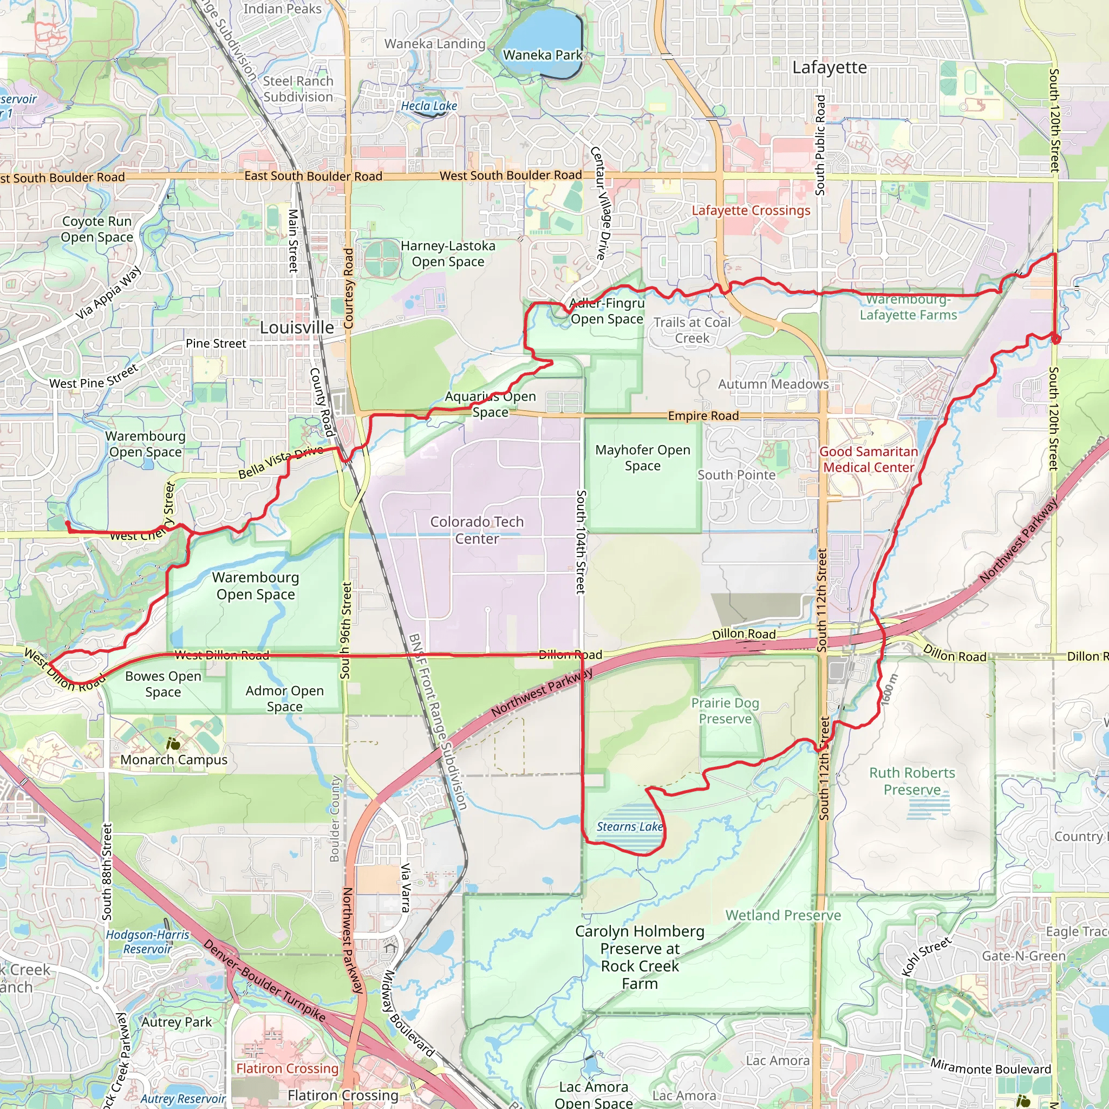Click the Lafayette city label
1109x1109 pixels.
pyautogui.click(x=829, y=68)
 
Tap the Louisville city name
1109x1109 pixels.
pyautogui.click(x=297, y=328)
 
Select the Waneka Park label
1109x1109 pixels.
pyautogui.click(x=543, y=55)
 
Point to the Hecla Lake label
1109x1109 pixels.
pyautogui.click(x=429, y=106)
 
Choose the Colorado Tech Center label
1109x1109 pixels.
pyautogui.click(x=477, y=530)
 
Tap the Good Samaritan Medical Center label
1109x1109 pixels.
pyautogui.click(x=869, y=459)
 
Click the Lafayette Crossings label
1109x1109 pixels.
pyautogui.click(x=751, y=211)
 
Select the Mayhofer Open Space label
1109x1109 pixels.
pyautogui.click(x=642, y=458)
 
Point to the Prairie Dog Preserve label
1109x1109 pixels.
pyautogui.click(x=725, y=710)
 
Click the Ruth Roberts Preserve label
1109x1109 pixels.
pyautogui.click(x=912, y=781)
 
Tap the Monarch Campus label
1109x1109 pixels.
pyautogui.click(x=174, y=759)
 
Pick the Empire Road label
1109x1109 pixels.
pyautogui.click(x=703, y=415)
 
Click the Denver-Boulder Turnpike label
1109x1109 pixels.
pyautogui.click(x=265, y=981)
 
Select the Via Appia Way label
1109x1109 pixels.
pyautogui.click(x=108, y=292)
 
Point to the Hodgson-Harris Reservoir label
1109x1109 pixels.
pyautogui.click(x=147, y=942)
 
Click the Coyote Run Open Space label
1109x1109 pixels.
pyautogui.click(x=97, y=229)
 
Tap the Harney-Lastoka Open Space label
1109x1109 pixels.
pyautogui.click(x=448, y=254)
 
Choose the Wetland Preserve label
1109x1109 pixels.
pyautogui.click(x=783, y=915)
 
